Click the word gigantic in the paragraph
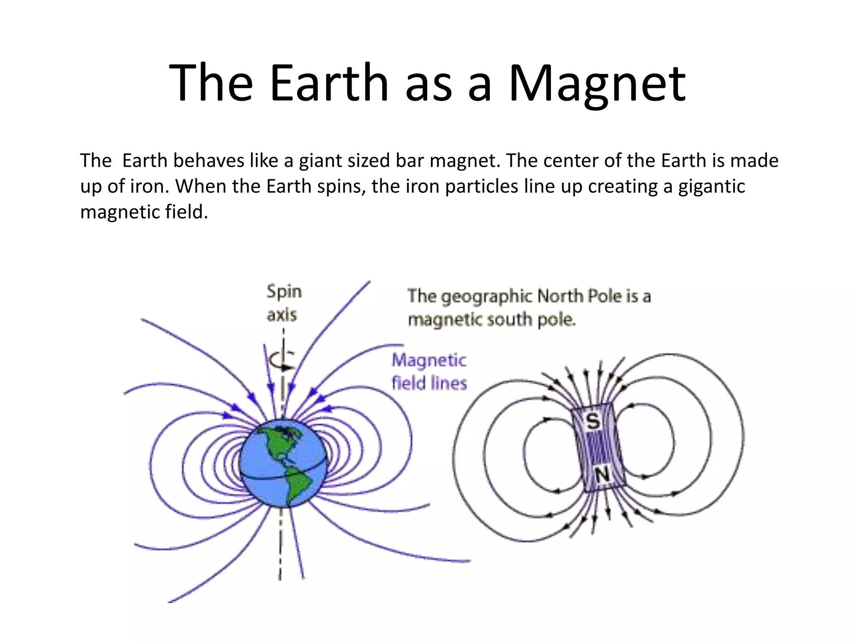point(711,187)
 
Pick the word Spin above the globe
point(284,291)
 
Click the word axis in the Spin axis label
point(282,314)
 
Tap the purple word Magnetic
point(429,360)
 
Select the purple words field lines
point(429,383)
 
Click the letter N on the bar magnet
point(602,475)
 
